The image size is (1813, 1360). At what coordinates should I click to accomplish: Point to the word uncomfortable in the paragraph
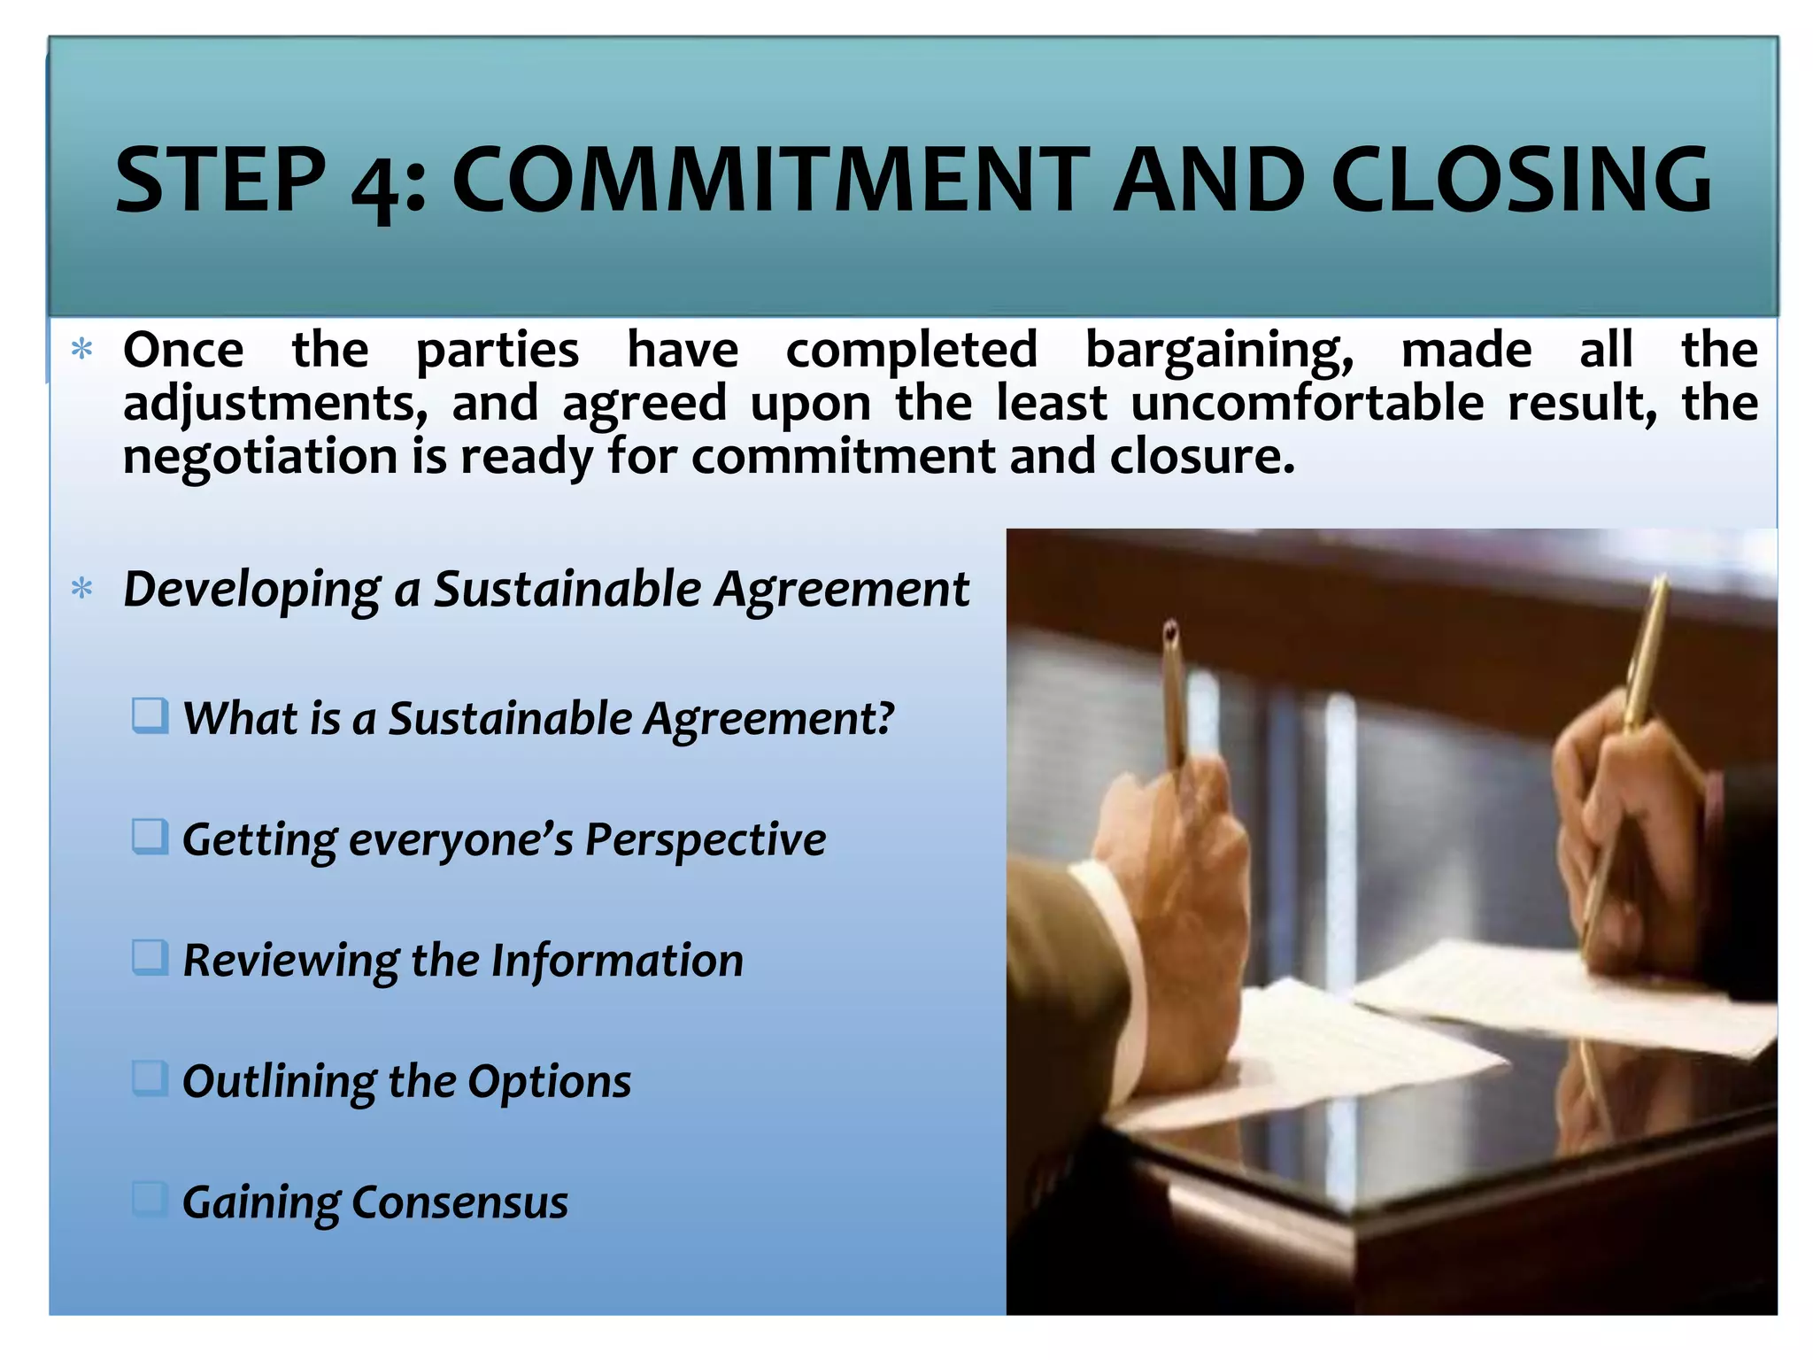(1307, 404)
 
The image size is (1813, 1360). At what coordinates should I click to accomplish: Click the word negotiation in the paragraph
(259, 458)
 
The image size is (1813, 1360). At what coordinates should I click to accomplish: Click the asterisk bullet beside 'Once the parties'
(82, 349)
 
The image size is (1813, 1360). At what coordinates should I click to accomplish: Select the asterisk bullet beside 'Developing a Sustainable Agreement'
(82, 589)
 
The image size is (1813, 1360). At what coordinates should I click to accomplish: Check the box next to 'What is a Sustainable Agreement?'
(150, 715)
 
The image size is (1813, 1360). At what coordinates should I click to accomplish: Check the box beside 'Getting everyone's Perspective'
(150, 837)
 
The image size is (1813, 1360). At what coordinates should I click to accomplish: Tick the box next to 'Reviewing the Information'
(150, 957)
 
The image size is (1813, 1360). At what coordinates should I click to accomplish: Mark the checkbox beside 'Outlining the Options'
(150, 1078)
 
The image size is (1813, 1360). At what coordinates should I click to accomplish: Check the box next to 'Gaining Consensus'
(150, 1199)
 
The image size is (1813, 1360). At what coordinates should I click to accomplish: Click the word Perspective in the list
(705, 840)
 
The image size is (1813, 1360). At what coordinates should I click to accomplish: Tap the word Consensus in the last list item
(459, 1202)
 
